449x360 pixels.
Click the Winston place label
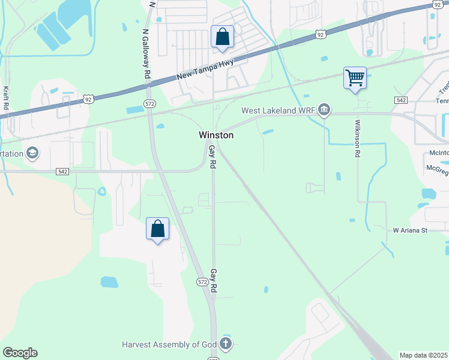[x=216, y=136]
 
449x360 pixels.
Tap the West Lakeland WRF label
[x=279, y=110]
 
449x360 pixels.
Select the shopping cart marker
[x=355, y=77]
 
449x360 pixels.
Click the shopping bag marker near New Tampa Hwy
[x=222, y=37]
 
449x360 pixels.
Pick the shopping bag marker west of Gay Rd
[x=157, y=229]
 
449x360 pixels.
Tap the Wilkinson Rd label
[x=357, y=138]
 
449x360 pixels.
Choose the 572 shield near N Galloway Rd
[x=150, y=104]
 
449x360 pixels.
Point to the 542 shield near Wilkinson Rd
[x=402, y=100]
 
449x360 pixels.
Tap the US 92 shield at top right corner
[x=436, y=5]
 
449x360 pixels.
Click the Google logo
[x=20, y=353]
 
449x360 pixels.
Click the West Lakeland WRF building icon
[x=325, y=110]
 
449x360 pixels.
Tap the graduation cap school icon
[x=32, y=154]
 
